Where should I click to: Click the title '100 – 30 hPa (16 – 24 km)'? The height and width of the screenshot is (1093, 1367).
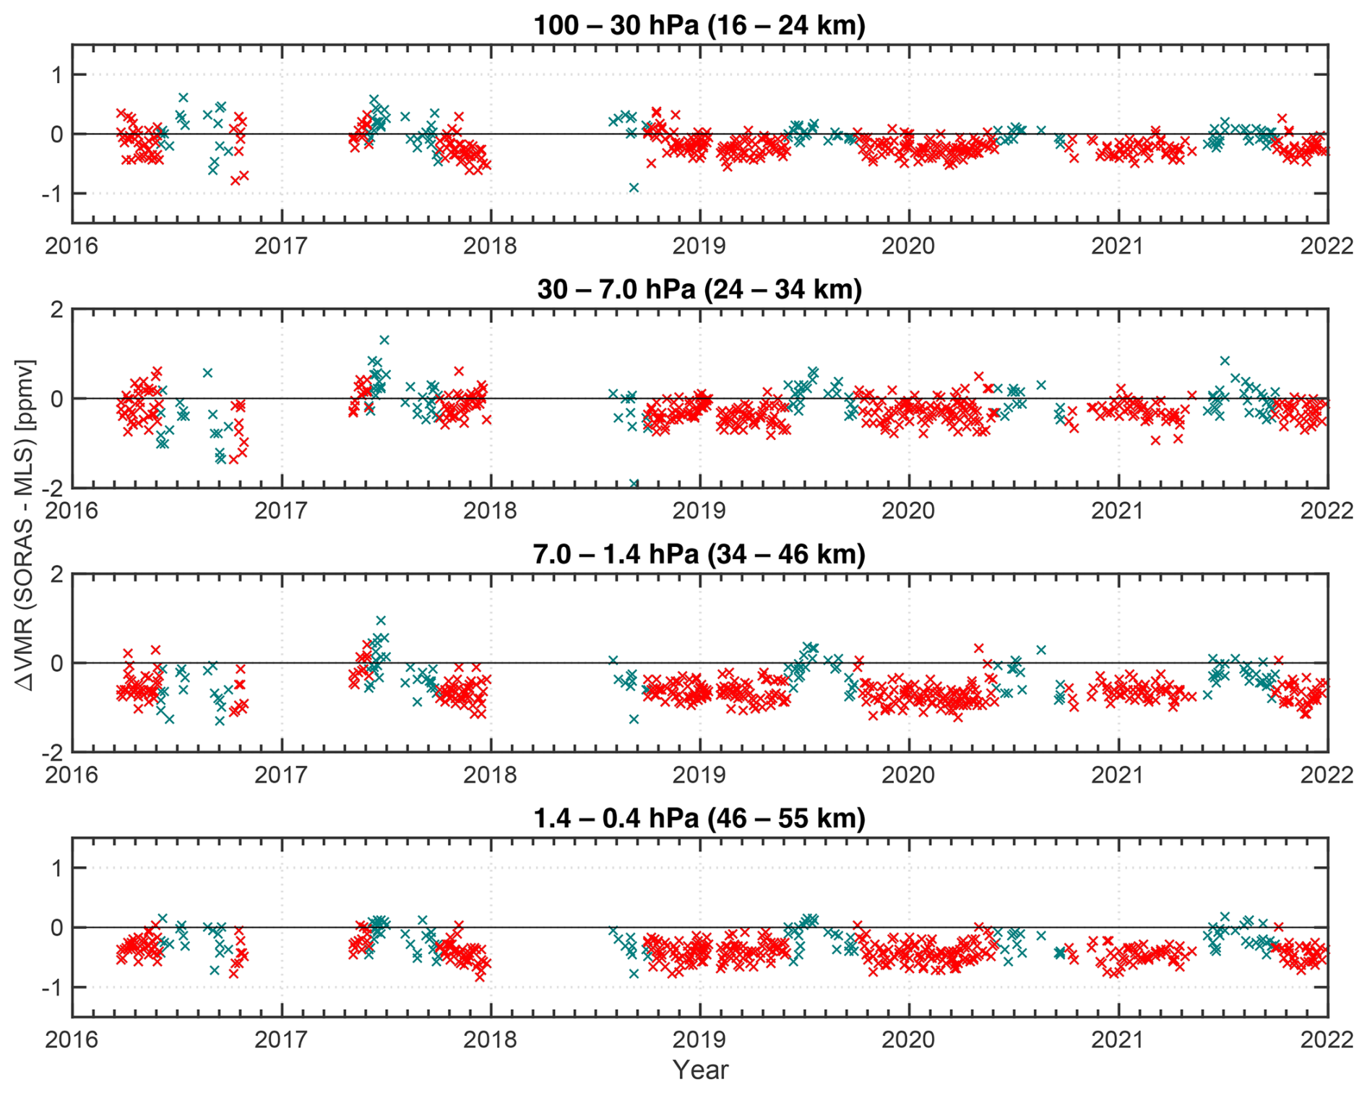[699, 25]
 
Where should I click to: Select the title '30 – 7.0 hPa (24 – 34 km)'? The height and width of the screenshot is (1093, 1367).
[699, 290]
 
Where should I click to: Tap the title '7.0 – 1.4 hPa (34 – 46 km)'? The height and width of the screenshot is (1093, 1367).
[699, 554]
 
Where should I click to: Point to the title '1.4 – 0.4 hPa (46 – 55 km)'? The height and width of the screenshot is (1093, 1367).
[699, 818]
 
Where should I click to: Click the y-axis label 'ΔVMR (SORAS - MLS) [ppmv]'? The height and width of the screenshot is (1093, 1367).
[26, 526]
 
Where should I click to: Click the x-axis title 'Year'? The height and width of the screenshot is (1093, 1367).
[699, 1070]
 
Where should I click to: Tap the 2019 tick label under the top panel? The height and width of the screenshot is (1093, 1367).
[699, 246]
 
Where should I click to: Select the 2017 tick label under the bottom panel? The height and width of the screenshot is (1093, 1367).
[281, 1040]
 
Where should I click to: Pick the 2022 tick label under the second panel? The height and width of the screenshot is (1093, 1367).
[1327, 511]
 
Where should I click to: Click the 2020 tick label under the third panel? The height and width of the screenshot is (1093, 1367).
[908, 775]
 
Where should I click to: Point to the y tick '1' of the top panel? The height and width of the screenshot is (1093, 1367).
[56, 74]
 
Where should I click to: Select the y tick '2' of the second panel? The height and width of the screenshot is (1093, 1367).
[56, 309]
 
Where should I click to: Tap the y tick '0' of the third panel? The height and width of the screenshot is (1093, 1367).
[56, 663]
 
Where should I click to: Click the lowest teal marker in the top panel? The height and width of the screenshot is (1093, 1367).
[634, 188]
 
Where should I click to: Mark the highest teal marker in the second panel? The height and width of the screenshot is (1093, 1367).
[384, 340]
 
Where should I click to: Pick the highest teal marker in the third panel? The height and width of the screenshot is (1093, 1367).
[381, 621]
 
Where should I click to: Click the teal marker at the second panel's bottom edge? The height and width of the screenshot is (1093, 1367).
[634, 483]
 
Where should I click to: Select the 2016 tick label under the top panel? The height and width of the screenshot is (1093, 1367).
[72, 246]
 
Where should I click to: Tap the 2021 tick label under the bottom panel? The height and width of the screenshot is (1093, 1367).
[1117, 1040]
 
